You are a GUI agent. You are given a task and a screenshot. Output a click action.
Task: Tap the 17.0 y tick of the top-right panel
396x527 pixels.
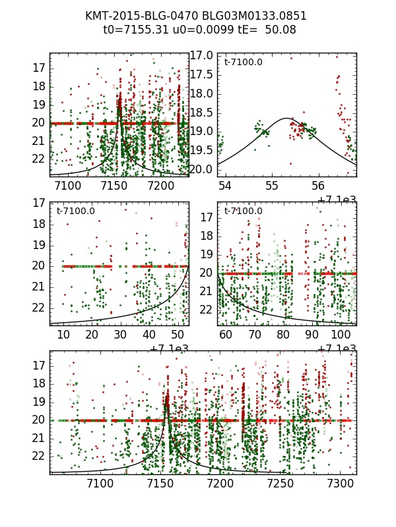[x=202, y=55]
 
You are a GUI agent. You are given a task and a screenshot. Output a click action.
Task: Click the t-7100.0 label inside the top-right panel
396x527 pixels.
[x=243, y=63]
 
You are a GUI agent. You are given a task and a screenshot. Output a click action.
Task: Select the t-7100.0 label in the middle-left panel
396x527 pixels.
[x=76, y=211]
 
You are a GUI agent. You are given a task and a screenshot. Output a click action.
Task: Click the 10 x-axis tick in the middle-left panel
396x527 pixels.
[x=63, y=335]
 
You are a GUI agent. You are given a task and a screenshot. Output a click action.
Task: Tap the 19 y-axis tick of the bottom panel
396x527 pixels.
[x=38, y=401]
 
